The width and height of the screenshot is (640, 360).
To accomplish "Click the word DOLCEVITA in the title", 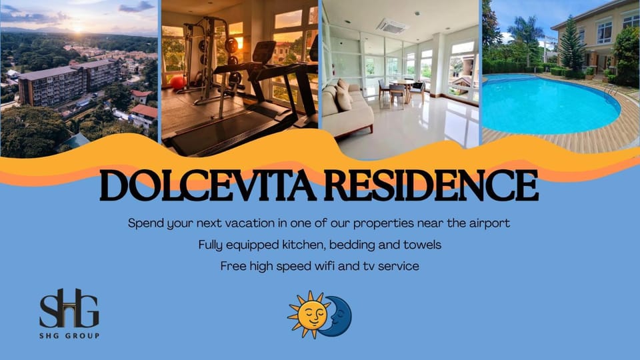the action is [x=208, y=186].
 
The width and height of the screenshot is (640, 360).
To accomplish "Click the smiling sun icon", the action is [x=308, y=315].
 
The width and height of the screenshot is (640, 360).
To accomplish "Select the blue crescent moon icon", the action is [x=337, y=316].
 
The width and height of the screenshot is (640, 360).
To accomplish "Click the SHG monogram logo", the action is [x=69, y=309].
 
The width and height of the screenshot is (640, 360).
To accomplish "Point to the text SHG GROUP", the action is [x=69, y=336].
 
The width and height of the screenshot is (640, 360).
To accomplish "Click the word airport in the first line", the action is [x=489, y=224].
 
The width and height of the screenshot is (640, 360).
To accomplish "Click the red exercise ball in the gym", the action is [x=178, y=83].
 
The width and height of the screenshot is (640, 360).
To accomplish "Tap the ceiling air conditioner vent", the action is [x=392, y=27].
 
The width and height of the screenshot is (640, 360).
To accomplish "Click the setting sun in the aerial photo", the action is [x=77, y=29].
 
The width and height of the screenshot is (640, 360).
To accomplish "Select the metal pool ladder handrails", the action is [x=611, y=90].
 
